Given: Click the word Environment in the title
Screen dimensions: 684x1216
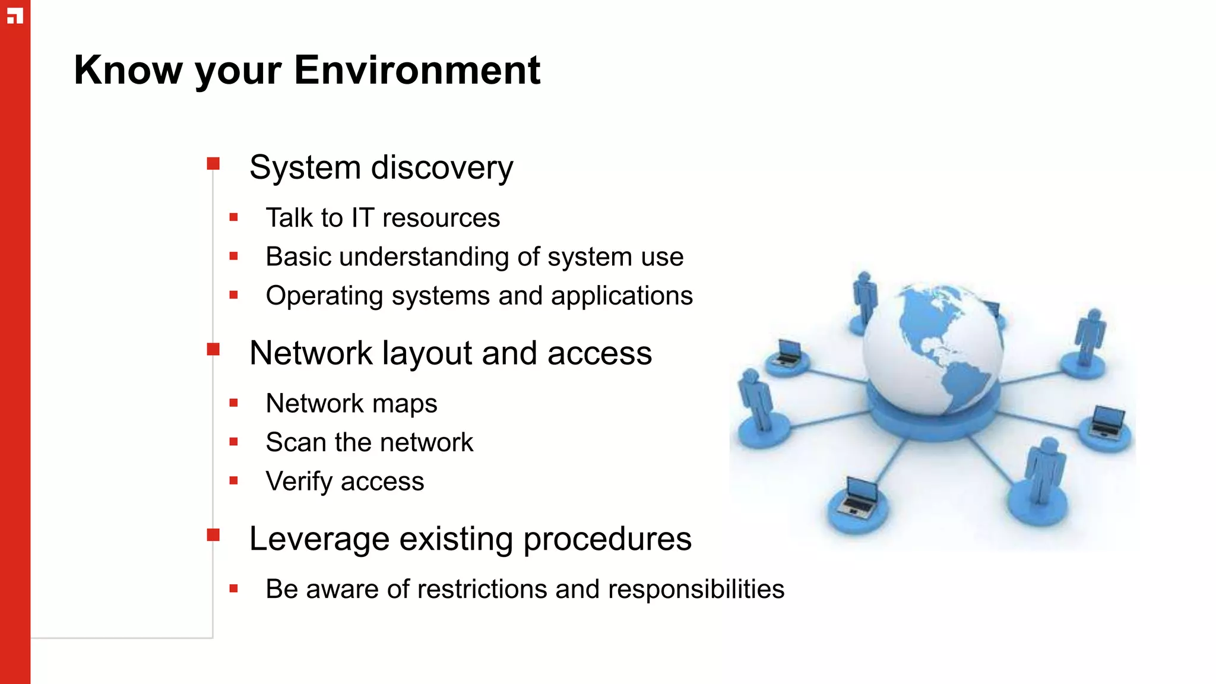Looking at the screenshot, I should pos(417,70).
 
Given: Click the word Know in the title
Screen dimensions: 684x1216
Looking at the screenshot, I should pos(128,70).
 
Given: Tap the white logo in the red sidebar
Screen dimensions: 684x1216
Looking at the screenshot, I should pos(15,16).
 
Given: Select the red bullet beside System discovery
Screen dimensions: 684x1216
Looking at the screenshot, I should pos(213,163).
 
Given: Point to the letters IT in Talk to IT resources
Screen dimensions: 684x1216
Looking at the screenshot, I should pos(362,218).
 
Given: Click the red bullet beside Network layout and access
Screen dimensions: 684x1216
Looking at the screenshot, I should pos(213,349).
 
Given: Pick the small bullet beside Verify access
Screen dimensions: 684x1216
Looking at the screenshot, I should pos(233,480).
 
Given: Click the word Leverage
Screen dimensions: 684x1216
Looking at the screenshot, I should pos(319,539).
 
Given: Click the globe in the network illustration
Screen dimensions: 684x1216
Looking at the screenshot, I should pos(932,350).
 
